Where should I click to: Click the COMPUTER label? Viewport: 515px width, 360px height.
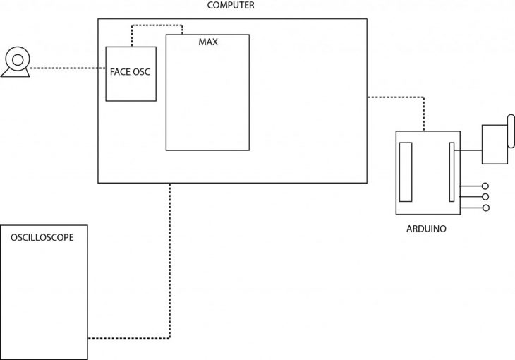pos(231,6)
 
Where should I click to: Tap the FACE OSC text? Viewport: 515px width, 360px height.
pos(131,71)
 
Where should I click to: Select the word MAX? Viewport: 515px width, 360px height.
pos(208,42)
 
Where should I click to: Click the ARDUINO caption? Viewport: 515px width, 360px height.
pos(426,229)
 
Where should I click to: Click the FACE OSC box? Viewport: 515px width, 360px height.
pos(131,88)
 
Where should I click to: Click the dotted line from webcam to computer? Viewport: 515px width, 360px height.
pos(67,68)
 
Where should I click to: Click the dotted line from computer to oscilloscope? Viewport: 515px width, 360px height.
pos(170,268)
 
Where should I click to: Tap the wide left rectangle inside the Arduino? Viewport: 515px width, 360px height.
pos(406,172)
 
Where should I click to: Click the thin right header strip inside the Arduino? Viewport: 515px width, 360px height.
pos(452,173)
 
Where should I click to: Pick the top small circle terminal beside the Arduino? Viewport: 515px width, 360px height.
pos(485,186)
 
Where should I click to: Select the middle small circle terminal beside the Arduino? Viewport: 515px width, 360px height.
pos(485,197)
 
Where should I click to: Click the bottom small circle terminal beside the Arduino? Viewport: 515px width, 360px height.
pos(485,208)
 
